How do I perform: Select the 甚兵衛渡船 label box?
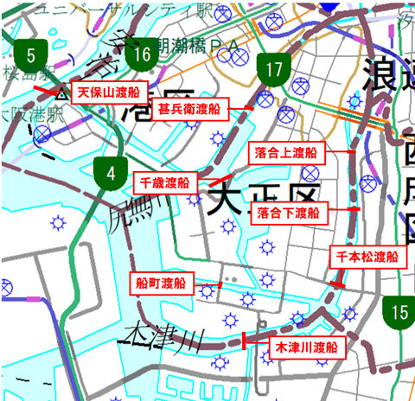pos(189,110)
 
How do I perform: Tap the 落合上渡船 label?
pos(288,153)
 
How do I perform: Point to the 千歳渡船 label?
pos(165,182)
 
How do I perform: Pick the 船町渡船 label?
pos(161,283)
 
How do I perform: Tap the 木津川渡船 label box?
pos(305,347)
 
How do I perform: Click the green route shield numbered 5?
pos(30,58)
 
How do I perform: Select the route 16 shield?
pos(143,58)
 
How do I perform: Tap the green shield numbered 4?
pos(111,171)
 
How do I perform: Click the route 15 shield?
pos(399,311)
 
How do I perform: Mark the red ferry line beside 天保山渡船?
pos(50,88)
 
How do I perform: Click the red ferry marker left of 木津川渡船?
pos(245,341)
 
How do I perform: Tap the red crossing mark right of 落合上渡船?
pos(352,152)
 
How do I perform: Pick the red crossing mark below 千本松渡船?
pos(338,283)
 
